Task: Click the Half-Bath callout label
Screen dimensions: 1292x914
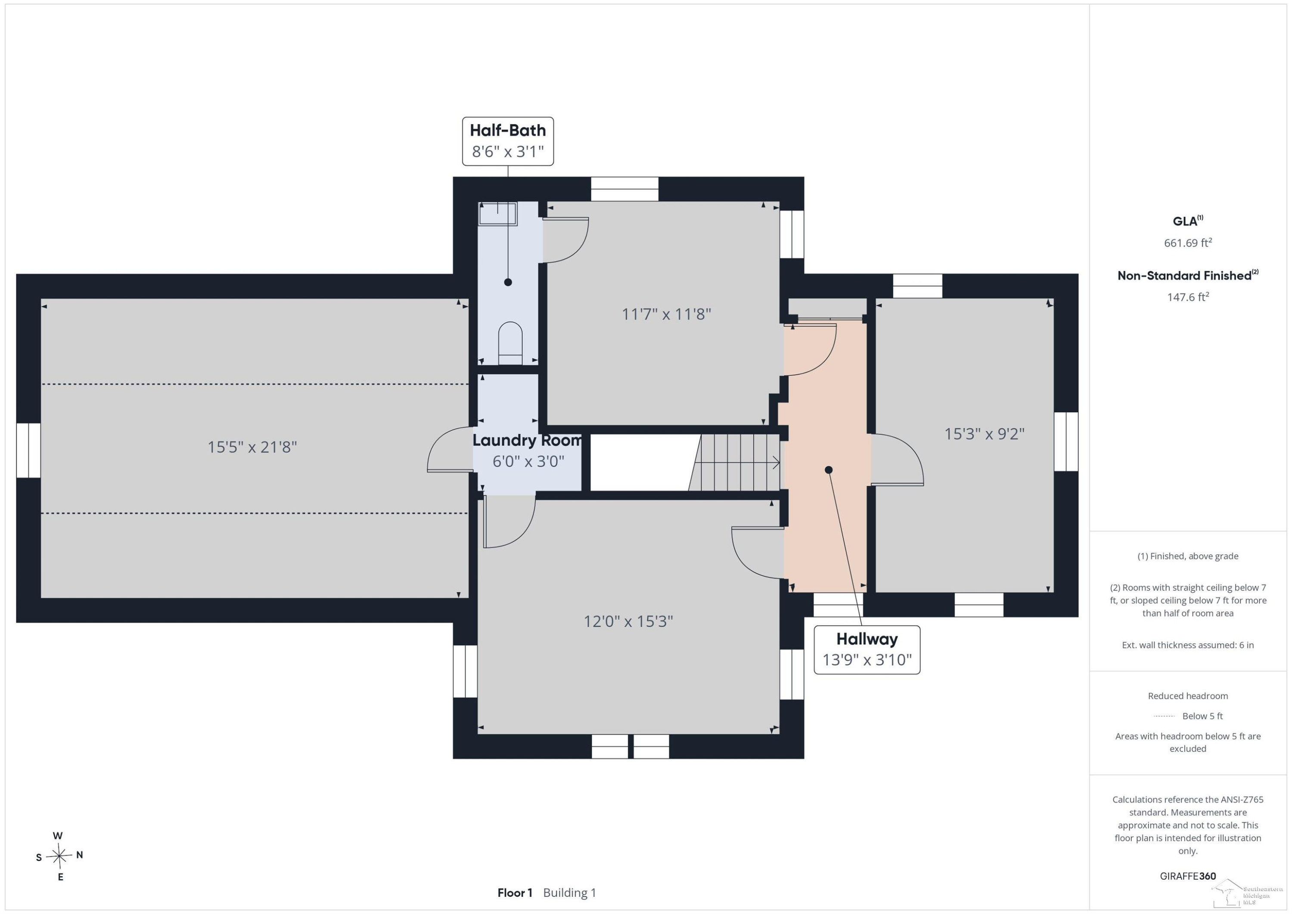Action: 508,141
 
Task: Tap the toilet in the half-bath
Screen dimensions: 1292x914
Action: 510,343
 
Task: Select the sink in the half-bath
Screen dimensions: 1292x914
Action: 497,214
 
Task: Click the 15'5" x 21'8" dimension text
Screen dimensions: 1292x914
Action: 252,447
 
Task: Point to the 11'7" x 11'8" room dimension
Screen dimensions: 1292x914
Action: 666,314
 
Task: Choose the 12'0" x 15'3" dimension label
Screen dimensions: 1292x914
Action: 628,622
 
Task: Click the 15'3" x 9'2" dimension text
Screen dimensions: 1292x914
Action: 984,434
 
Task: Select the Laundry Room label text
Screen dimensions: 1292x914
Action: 527,440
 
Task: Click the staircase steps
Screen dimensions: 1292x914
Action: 734,463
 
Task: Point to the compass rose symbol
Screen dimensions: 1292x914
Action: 59,856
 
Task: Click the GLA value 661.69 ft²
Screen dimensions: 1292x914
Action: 1188,242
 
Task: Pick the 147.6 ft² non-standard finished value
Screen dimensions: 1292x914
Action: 1188,297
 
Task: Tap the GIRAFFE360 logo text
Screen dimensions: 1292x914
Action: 1188,876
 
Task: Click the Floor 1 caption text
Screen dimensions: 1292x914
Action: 514,892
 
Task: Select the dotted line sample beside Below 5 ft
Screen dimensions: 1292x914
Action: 1164,716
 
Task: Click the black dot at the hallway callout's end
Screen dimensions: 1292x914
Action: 828,470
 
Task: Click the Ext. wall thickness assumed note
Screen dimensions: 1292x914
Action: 1188,645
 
